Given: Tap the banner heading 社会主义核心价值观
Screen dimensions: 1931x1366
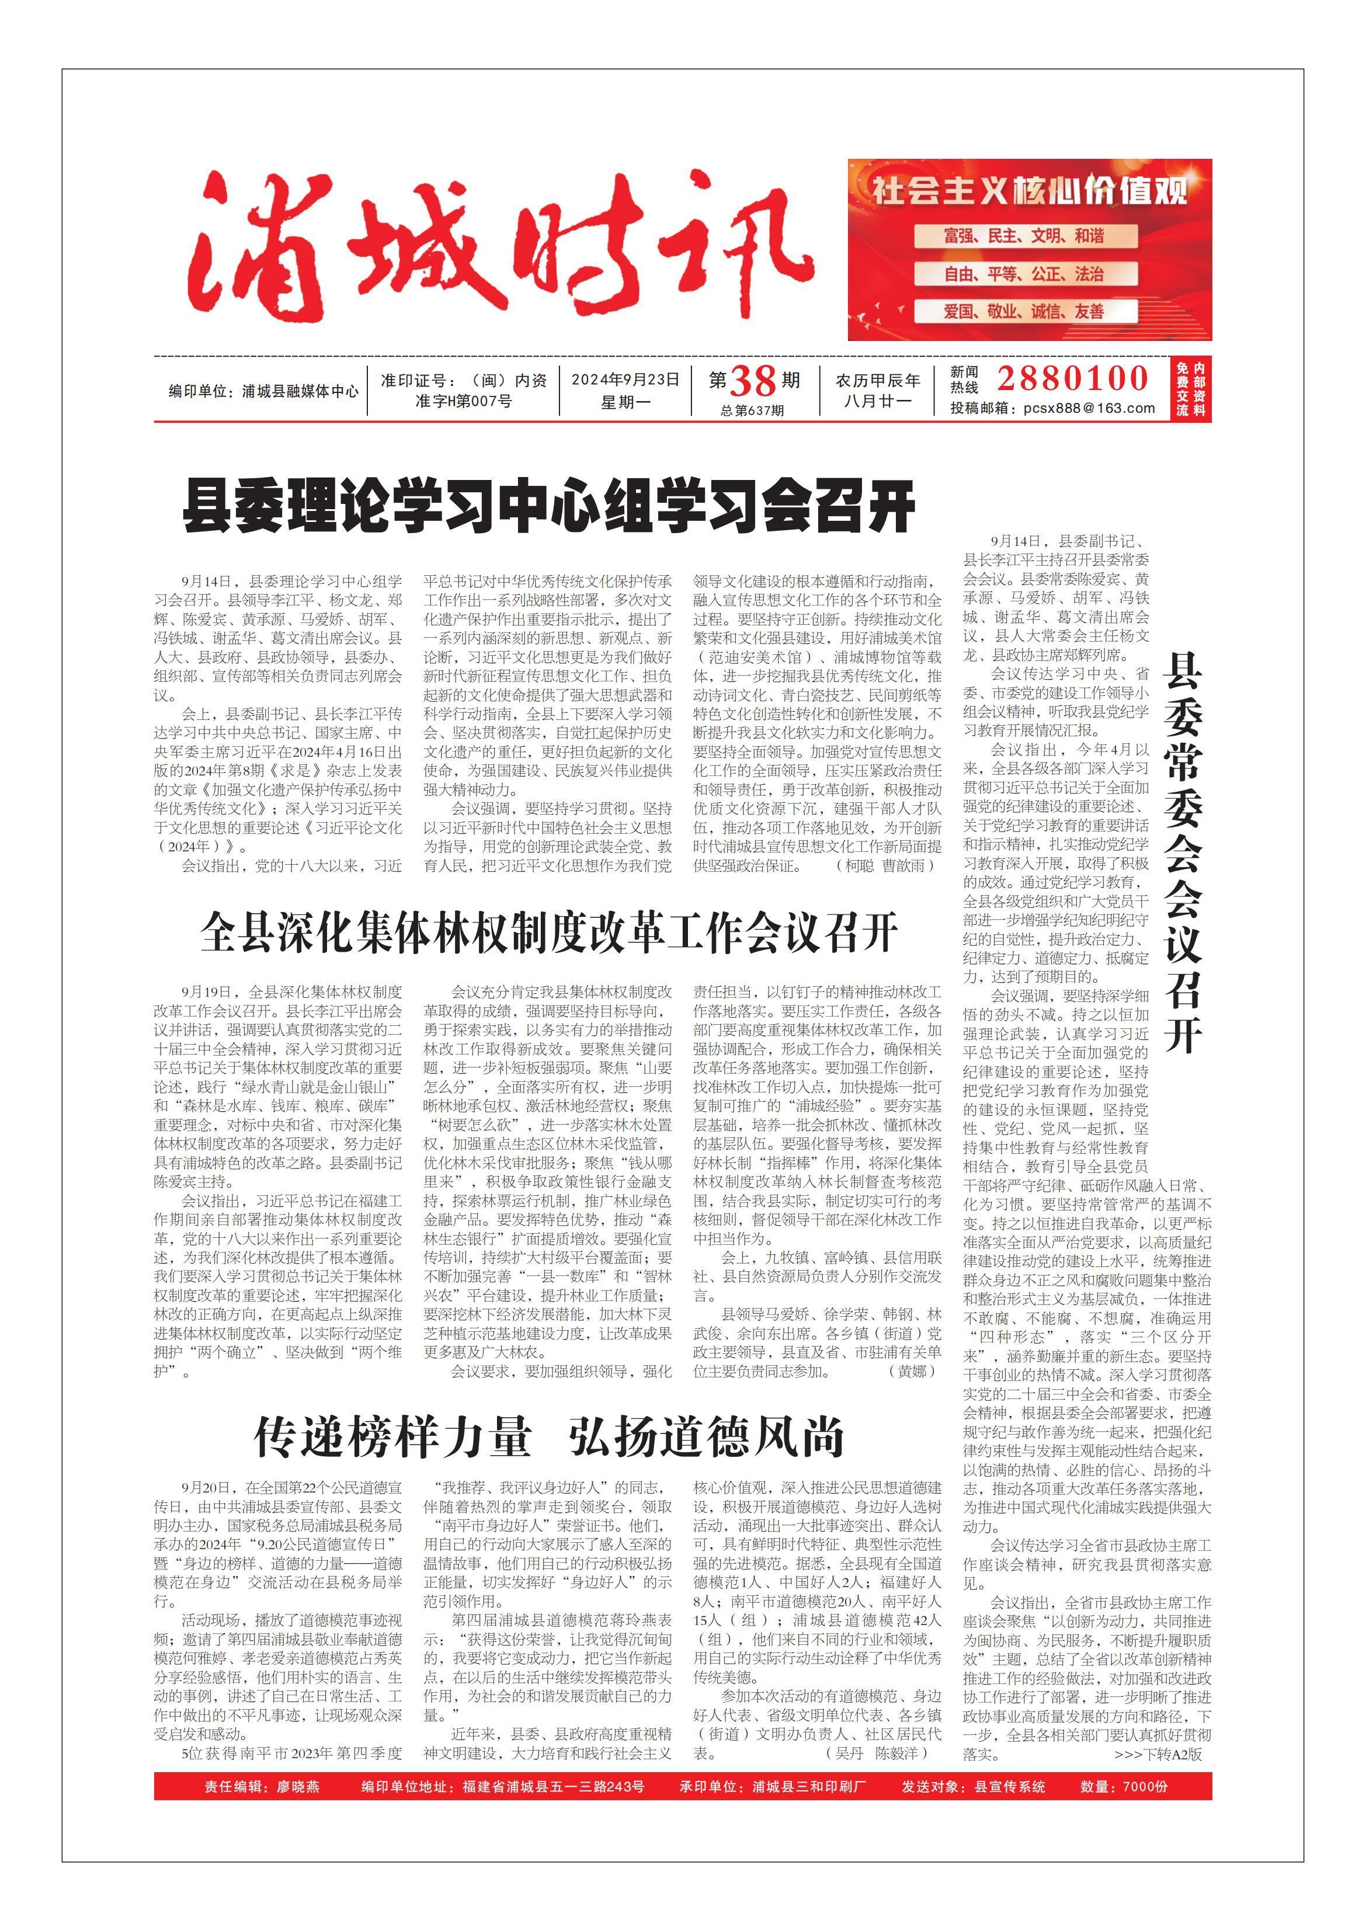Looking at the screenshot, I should pos(1028,192).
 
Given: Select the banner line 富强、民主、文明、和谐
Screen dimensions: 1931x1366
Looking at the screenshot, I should pos(1024,236).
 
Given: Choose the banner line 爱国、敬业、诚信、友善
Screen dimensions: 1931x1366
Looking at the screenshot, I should pos(1024,312).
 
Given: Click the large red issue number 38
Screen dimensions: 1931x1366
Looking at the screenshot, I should pos(753,382).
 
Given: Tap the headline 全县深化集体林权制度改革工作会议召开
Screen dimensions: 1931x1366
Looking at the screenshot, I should pos(548,933).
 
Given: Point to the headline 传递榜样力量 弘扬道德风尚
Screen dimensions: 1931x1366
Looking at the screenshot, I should pos(548,1438).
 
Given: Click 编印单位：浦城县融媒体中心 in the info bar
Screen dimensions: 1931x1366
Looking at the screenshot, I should pos(263,392).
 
